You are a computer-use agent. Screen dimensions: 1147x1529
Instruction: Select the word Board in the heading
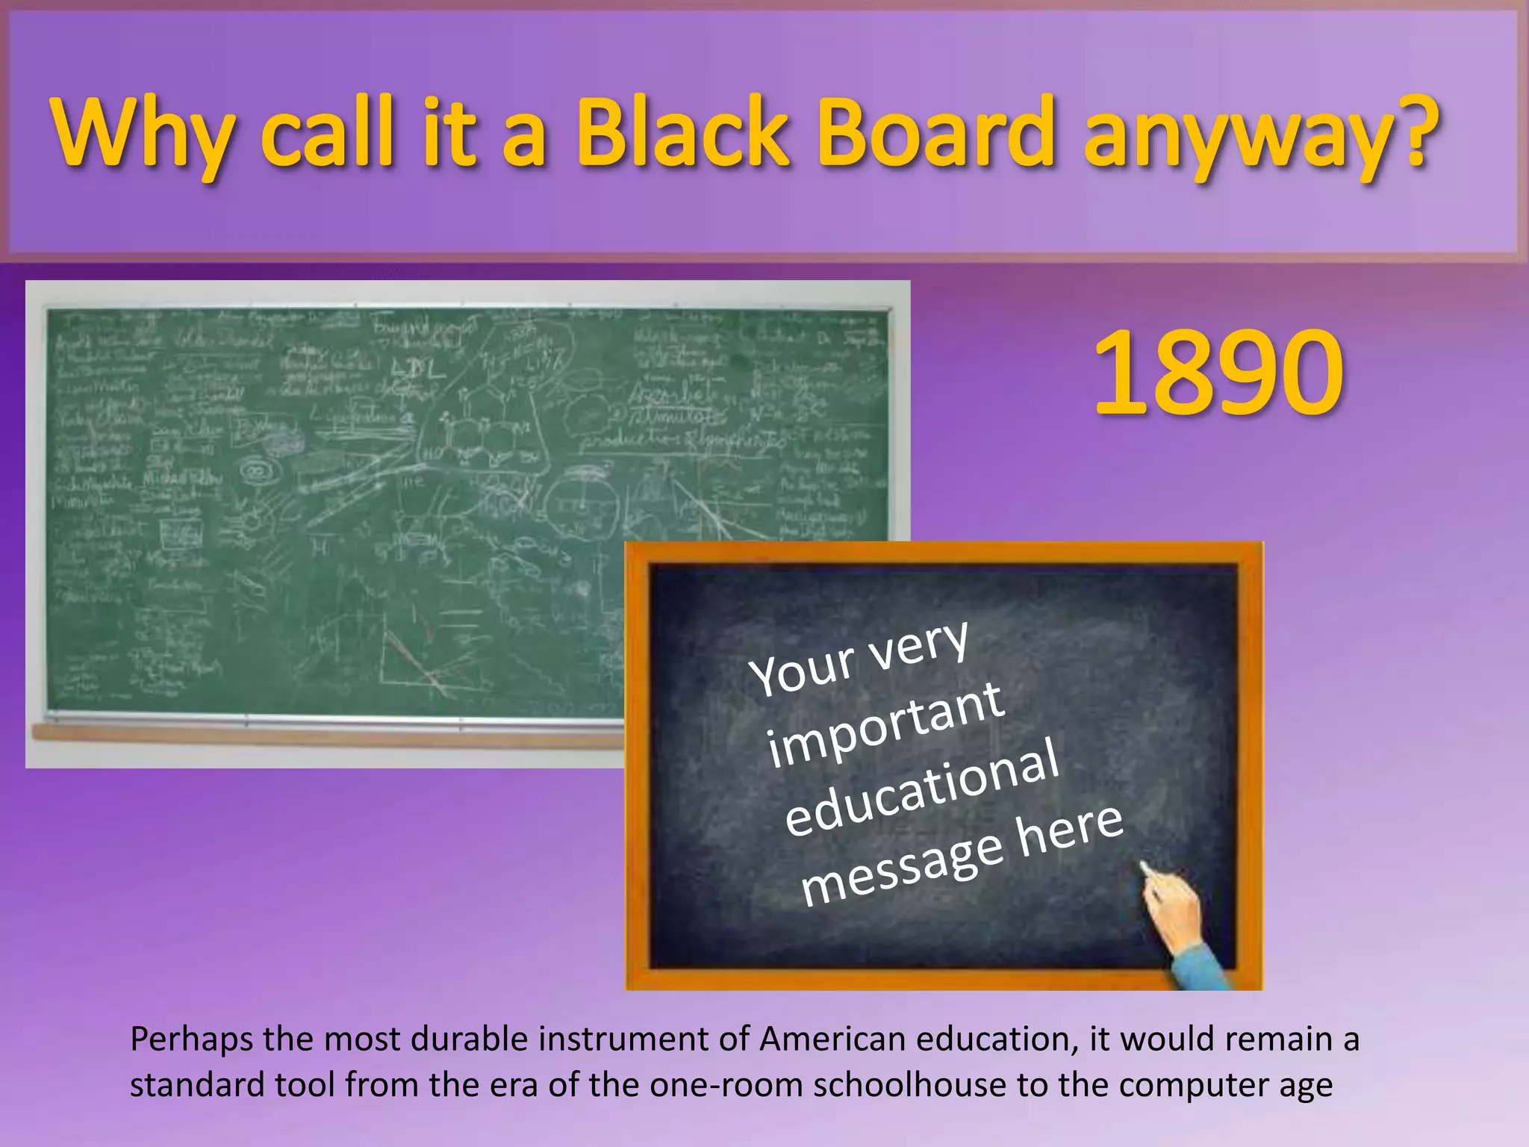[x=937, y=133]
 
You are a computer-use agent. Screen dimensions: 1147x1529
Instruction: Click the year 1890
[x=1218, y=373]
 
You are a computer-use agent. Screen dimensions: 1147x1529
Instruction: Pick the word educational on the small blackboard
[x=922, y=788]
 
